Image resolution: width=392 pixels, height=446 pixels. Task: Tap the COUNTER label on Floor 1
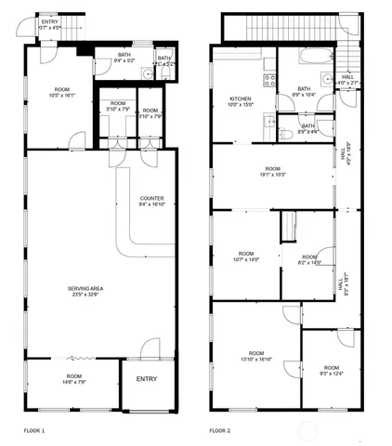click(152, 203)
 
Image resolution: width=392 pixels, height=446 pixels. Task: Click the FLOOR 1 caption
click(34, 430)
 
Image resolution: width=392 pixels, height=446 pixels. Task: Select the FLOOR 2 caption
click(220, 430)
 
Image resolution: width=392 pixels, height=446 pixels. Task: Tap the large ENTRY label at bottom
click(147, 379)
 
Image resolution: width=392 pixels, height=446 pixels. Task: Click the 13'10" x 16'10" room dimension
click(255, 357)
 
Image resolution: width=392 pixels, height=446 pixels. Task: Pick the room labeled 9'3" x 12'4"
click(330, 371)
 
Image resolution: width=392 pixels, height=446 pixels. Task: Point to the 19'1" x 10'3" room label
click(271, 171)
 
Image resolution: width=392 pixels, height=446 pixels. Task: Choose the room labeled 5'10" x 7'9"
click(118, 107)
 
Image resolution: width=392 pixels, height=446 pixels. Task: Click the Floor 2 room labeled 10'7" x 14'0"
click(245, 256)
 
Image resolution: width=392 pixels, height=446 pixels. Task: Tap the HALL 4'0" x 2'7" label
click(347, 80)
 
